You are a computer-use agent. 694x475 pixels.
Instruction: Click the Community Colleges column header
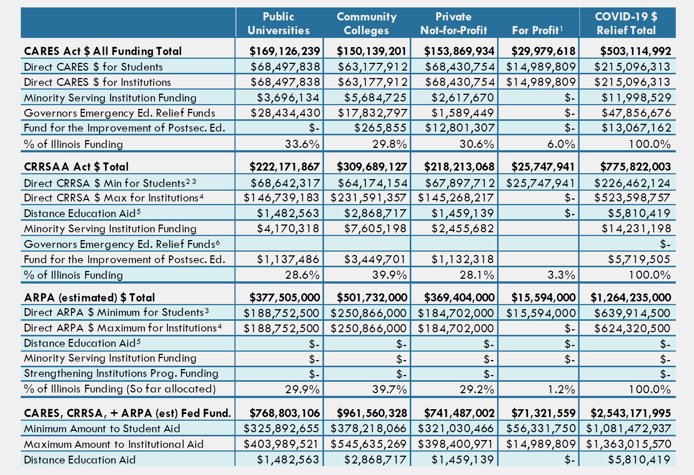(366, 23)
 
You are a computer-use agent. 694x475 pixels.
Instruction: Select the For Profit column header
(537, 30)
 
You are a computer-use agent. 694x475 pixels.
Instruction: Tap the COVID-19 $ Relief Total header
(626, 23)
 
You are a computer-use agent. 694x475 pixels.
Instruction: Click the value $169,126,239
(285, 51)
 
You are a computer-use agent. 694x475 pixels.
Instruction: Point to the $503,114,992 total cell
(636, 51)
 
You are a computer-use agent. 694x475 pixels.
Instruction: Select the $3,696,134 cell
(288, 97)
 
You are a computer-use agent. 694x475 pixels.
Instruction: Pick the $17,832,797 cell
(372, 113)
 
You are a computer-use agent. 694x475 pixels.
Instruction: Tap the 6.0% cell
(561, 144)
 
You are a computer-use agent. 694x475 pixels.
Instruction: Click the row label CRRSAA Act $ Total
(76, 167)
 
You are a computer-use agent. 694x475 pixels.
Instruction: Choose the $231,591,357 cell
(369, 198)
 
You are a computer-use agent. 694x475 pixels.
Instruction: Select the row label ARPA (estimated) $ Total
(90, 297)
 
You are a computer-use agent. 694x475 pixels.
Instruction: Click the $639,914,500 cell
(632, 313)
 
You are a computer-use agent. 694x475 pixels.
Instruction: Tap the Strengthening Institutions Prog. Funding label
(121, 374)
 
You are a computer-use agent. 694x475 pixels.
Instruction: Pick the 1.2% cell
(561, 389)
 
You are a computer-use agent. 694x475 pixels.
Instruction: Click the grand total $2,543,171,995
(631, 413)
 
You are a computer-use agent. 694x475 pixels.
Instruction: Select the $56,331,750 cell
(541, 429)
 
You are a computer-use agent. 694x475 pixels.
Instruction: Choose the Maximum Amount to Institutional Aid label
(114, 444)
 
